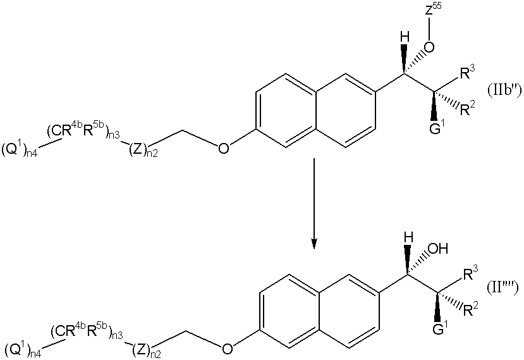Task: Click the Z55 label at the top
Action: (433, 10)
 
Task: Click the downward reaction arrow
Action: (313, 204)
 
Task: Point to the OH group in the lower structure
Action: (437, 249)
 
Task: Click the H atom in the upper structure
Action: (405, 39)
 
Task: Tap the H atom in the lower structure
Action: (408, 239)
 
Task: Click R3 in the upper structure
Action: (467, 73)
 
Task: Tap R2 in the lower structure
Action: (470, 309)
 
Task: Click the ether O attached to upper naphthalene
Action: (223, 148)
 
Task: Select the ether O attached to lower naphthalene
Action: (228, 348)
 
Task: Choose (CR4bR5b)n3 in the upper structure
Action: (83, 132)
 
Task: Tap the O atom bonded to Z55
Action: (429, 47)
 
